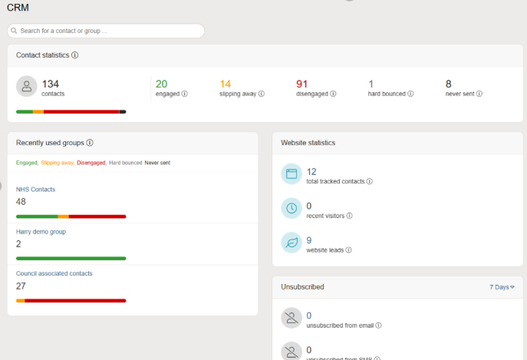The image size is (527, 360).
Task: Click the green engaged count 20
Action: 161,84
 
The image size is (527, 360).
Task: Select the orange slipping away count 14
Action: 226,84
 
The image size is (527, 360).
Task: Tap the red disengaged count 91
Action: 302,84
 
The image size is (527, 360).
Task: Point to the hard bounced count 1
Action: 371,84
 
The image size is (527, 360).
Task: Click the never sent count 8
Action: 449,84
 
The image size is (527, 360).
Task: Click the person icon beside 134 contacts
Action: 27,87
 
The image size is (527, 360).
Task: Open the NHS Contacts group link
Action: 36,189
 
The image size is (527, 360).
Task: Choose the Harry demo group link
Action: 41,231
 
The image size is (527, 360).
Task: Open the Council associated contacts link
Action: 54,273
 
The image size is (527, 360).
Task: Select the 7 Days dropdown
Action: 502,287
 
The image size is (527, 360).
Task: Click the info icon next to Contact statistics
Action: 75,55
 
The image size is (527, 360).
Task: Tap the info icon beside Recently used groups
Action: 90,143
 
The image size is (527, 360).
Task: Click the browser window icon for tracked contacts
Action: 291,174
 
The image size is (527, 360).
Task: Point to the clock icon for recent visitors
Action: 291,208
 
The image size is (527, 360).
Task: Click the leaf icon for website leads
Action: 291,243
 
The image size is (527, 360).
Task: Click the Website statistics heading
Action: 308,143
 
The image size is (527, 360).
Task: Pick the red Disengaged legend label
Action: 91,163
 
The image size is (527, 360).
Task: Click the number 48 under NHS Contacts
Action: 21,201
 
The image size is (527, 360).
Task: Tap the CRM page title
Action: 18,8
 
